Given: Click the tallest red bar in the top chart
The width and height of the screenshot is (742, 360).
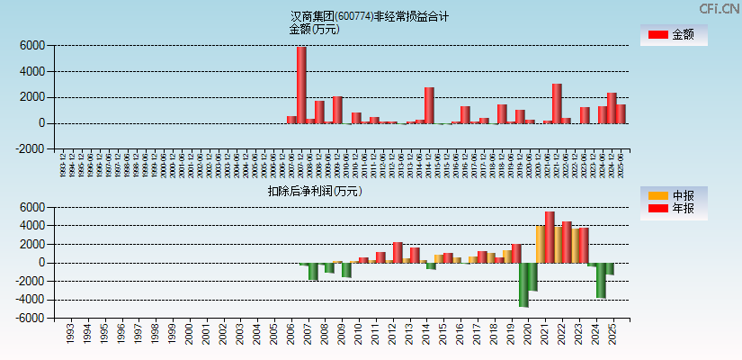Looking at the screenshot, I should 301,85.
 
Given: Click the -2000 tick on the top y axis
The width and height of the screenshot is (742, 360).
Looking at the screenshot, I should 30,149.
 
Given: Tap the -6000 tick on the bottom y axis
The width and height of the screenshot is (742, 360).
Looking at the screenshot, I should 30,319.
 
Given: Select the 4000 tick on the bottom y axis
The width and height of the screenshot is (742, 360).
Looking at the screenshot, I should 31,226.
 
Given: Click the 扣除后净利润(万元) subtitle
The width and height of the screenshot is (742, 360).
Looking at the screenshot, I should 315,191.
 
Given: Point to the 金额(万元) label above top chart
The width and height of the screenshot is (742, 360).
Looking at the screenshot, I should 315,29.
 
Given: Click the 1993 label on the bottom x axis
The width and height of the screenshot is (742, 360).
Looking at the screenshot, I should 70,335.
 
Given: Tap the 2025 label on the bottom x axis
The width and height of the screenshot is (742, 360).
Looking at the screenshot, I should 612,335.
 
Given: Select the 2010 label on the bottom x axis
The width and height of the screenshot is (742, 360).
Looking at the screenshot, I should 358,335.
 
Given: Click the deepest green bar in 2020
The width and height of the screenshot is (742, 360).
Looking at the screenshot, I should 523,284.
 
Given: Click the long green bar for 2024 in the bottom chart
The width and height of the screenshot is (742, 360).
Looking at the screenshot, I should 601,280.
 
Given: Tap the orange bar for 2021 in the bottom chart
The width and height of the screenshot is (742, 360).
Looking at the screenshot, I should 540,244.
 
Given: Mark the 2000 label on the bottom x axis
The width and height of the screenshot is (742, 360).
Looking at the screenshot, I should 189,335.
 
